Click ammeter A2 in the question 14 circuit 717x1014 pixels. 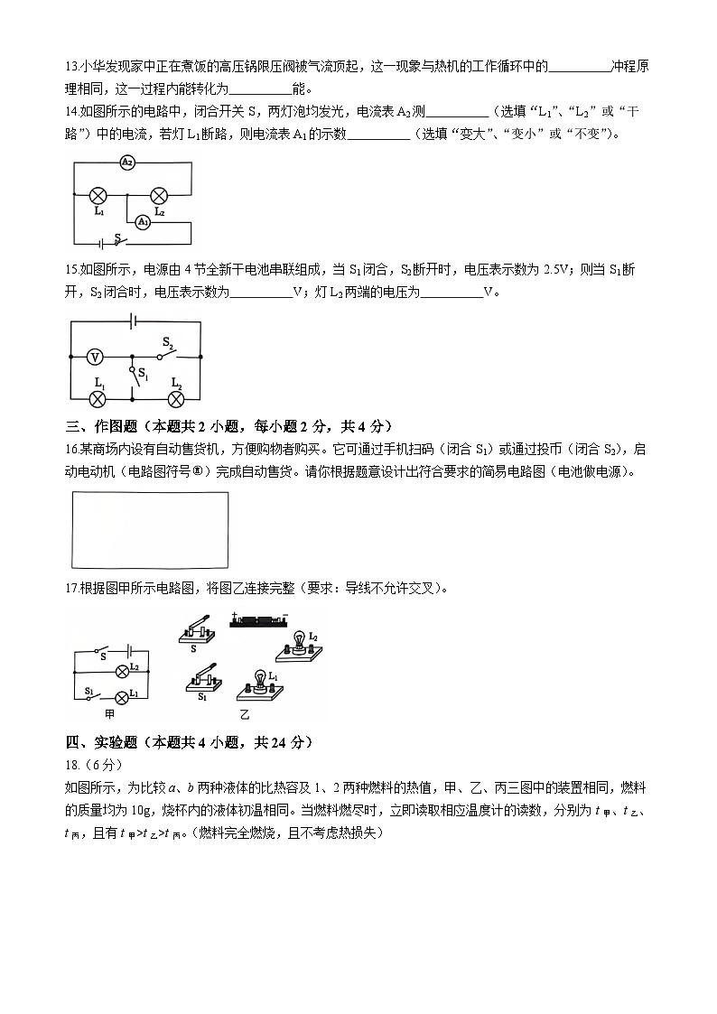coord(127,163)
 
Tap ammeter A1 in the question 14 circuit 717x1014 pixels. coord(142,222)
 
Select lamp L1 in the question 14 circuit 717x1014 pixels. coord(98,194)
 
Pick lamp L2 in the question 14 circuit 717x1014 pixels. coord(158,194)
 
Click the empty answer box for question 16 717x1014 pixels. coord(149,529)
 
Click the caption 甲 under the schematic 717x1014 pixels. coord(110,713)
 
